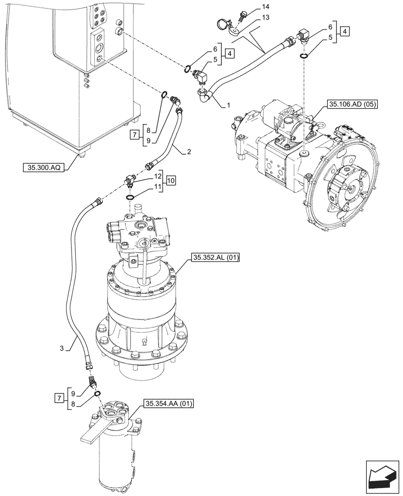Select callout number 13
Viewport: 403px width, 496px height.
point(266,18)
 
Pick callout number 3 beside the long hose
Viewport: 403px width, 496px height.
point(62,349)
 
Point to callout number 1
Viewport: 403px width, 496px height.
point(228,106)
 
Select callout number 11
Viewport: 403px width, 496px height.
point(157,186)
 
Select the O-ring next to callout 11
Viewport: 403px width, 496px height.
point(131,197)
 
